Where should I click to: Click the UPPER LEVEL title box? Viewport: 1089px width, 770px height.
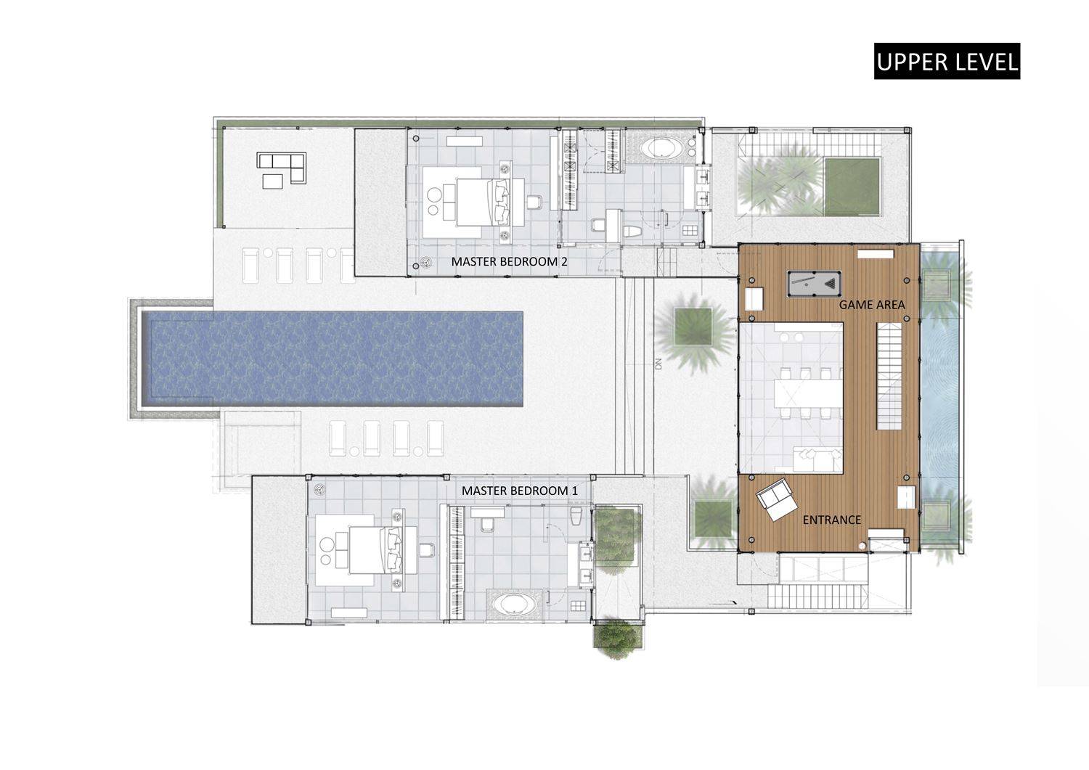[x=947, y=61]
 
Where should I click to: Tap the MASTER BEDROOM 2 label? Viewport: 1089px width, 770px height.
[x=509, y=261]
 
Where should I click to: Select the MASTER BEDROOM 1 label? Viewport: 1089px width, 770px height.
[x=520, y=491]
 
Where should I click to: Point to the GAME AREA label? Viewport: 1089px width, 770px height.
[x=872, y=305]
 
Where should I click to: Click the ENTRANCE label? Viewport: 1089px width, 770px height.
[x=831, y=520]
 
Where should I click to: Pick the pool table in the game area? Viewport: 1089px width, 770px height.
[x=814, y=282]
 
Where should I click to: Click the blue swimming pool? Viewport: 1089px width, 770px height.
[x=332, y=359]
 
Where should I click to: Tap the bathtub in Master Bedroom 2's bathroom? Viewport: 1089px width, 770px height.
[x=661, y=148]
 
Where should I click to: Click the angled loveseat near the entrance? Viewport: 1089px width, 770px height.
[x=776, y=499]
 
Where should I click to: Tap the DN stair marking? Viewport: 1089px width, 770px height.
[x=658, y=364]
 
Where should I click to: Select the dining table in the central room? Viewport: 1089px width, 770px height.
[x=808, y=393]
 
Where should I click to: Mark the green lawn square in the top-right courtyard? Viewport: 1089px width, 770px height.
[x=852, y=187]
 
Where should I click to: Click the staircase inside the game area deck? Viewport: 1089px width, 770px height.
[x=889, y=376]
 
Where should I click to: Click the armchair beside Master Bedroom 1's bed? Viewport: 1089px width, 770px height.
[x=426, y=550]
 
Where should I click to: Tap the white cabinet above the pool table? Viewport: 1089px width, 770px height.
[x=875, y=254]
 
